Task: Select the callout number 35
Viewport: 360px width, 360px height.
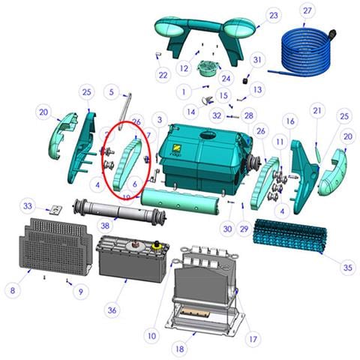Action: pos(347,265)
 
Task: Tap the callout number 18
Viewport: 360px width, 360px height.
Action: pos(178,348)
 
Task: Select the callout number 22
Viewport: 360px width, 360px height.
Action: pos(163,74)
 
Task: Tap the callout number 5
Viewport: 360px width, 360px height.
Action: pos(112,92)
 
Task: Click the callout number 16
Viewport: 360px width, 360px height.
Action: pos(288,121)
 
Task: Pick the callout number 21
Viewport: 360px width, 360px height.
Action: pos(317,110)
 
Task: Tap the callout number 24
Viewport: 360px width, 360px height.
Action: pos(226,77)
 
